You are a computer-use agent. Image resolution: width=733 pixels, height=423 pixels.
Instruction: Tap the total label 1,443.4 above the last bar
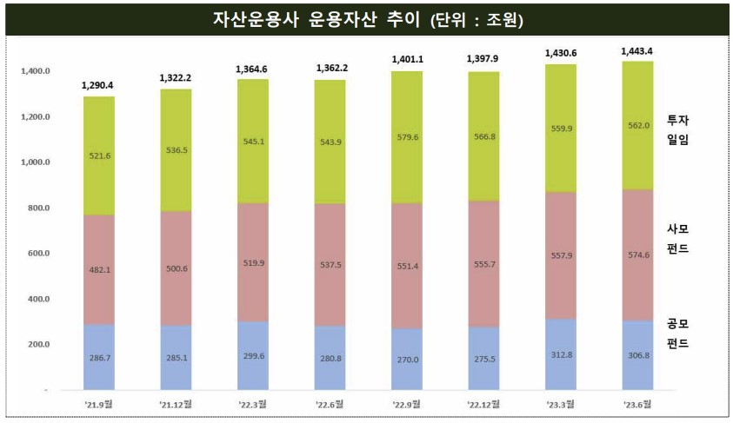click(x=636, y=52)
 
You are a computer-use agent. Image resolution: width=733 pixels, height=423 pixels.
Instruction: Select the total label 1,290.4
click(x=98, y=86)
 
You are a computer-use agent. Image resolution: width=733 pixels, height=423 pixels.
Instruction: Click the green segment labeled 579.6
click(x=407, y=136)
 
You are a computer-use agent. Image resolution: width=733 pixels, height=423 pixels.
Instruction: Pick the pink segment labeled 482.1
click(x=98, y=269)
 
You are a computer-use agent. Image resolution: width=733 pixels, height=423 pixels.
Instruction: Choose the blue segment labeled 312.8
click(x=560, y=354)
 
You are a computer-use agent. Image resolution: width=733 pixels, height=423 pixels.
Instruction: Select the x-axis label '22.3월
click(x=252, y=405)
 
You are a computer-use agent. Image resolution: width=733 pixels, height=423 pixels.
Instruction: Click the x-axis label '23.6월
click(x=636, y=405)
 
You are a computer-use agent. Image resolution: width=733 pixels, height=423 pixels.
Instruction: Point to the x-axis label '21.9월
click(x=98, y=405)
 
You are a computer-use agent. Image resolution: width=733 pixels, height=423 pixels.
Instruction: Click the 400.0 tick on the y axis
click(x=37, y=300)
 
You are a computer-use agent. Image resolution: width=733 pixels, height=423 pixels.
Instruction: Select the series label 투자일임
click(x=677, y=129)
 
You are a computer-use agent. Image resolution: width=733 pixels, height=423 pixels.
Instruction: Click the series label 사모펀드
click(x=677, y=239)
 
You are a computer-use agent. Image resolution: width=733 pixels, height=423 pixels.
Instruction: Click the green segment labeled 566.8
click(x=483, y=136)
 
